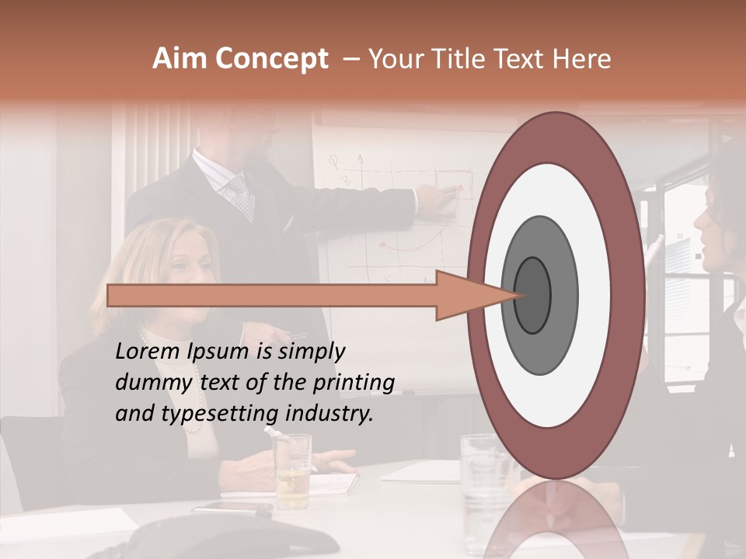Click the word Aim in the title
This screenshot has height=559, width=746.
click(180, 59)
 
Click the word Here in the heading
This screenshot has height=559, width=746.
click(583, 59)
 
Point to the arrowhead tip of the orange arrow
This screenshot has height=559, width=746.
click(519, 295)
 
